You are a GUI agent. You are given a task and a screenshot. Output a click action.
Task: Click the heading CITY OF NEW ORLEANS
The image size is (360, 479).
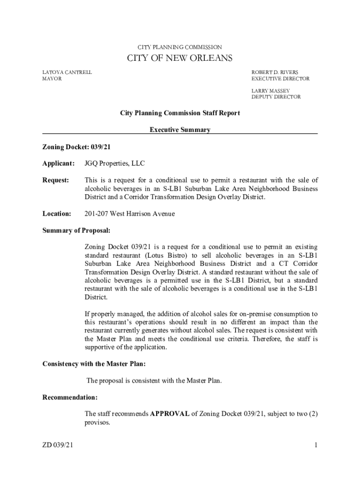[180, 58]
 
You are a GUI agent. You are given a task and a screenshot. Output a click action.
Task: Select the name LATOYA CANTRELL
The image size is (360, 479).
[67, 73]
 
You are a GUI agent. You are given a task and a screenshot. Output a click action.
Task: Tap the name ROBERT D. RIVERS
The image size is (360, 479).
[274, 73]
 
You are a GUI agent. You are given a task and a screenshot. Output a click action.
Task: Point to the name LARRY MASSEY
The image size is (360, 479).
[271, 91]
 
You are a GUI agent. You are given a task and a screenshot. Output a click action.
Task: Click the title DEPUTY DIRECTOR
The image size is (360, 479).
[276, 97]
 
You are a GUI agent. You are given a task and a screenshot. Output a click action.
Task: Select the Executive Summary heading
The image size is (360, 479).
[180, 130]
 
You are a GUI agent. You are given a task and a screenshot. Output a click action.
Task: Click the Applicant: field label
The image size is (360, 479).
[58, 163]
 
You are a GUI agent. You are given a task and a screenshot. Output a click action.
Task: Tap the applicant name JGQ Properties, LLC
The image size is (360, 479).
[115, 163]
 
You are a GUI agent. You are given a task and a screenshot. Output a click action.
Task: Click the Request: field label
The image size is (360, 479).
[56, 180]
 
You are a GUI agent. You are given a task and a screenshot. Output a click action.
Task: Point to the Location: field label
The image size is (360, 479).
[57, 214]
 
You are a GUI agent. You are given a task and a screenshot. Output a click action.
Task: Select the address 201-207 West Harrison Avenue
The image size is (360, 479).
[130, 214]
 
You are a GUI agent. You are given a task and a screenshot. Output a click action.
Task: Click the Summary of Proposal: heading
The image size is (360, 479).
[76, 231]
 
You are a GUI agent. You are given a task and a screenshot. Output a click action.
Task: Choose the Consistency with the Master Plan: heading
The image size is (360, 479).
[94, 363]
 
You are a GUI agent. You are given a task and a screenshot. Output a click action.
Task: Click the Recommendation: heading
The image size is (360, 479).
[70, 397]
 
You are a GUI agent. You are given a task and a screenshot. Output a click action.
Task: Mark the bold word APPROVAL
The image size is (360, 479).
[170, 414]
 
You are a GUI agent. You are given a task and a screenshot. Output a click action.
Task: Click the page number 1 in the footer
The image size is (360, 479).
[316, 445]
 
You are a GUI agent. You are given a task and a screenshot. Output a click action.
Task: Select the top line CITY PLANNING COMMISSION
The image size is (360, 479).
[180, 47]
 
